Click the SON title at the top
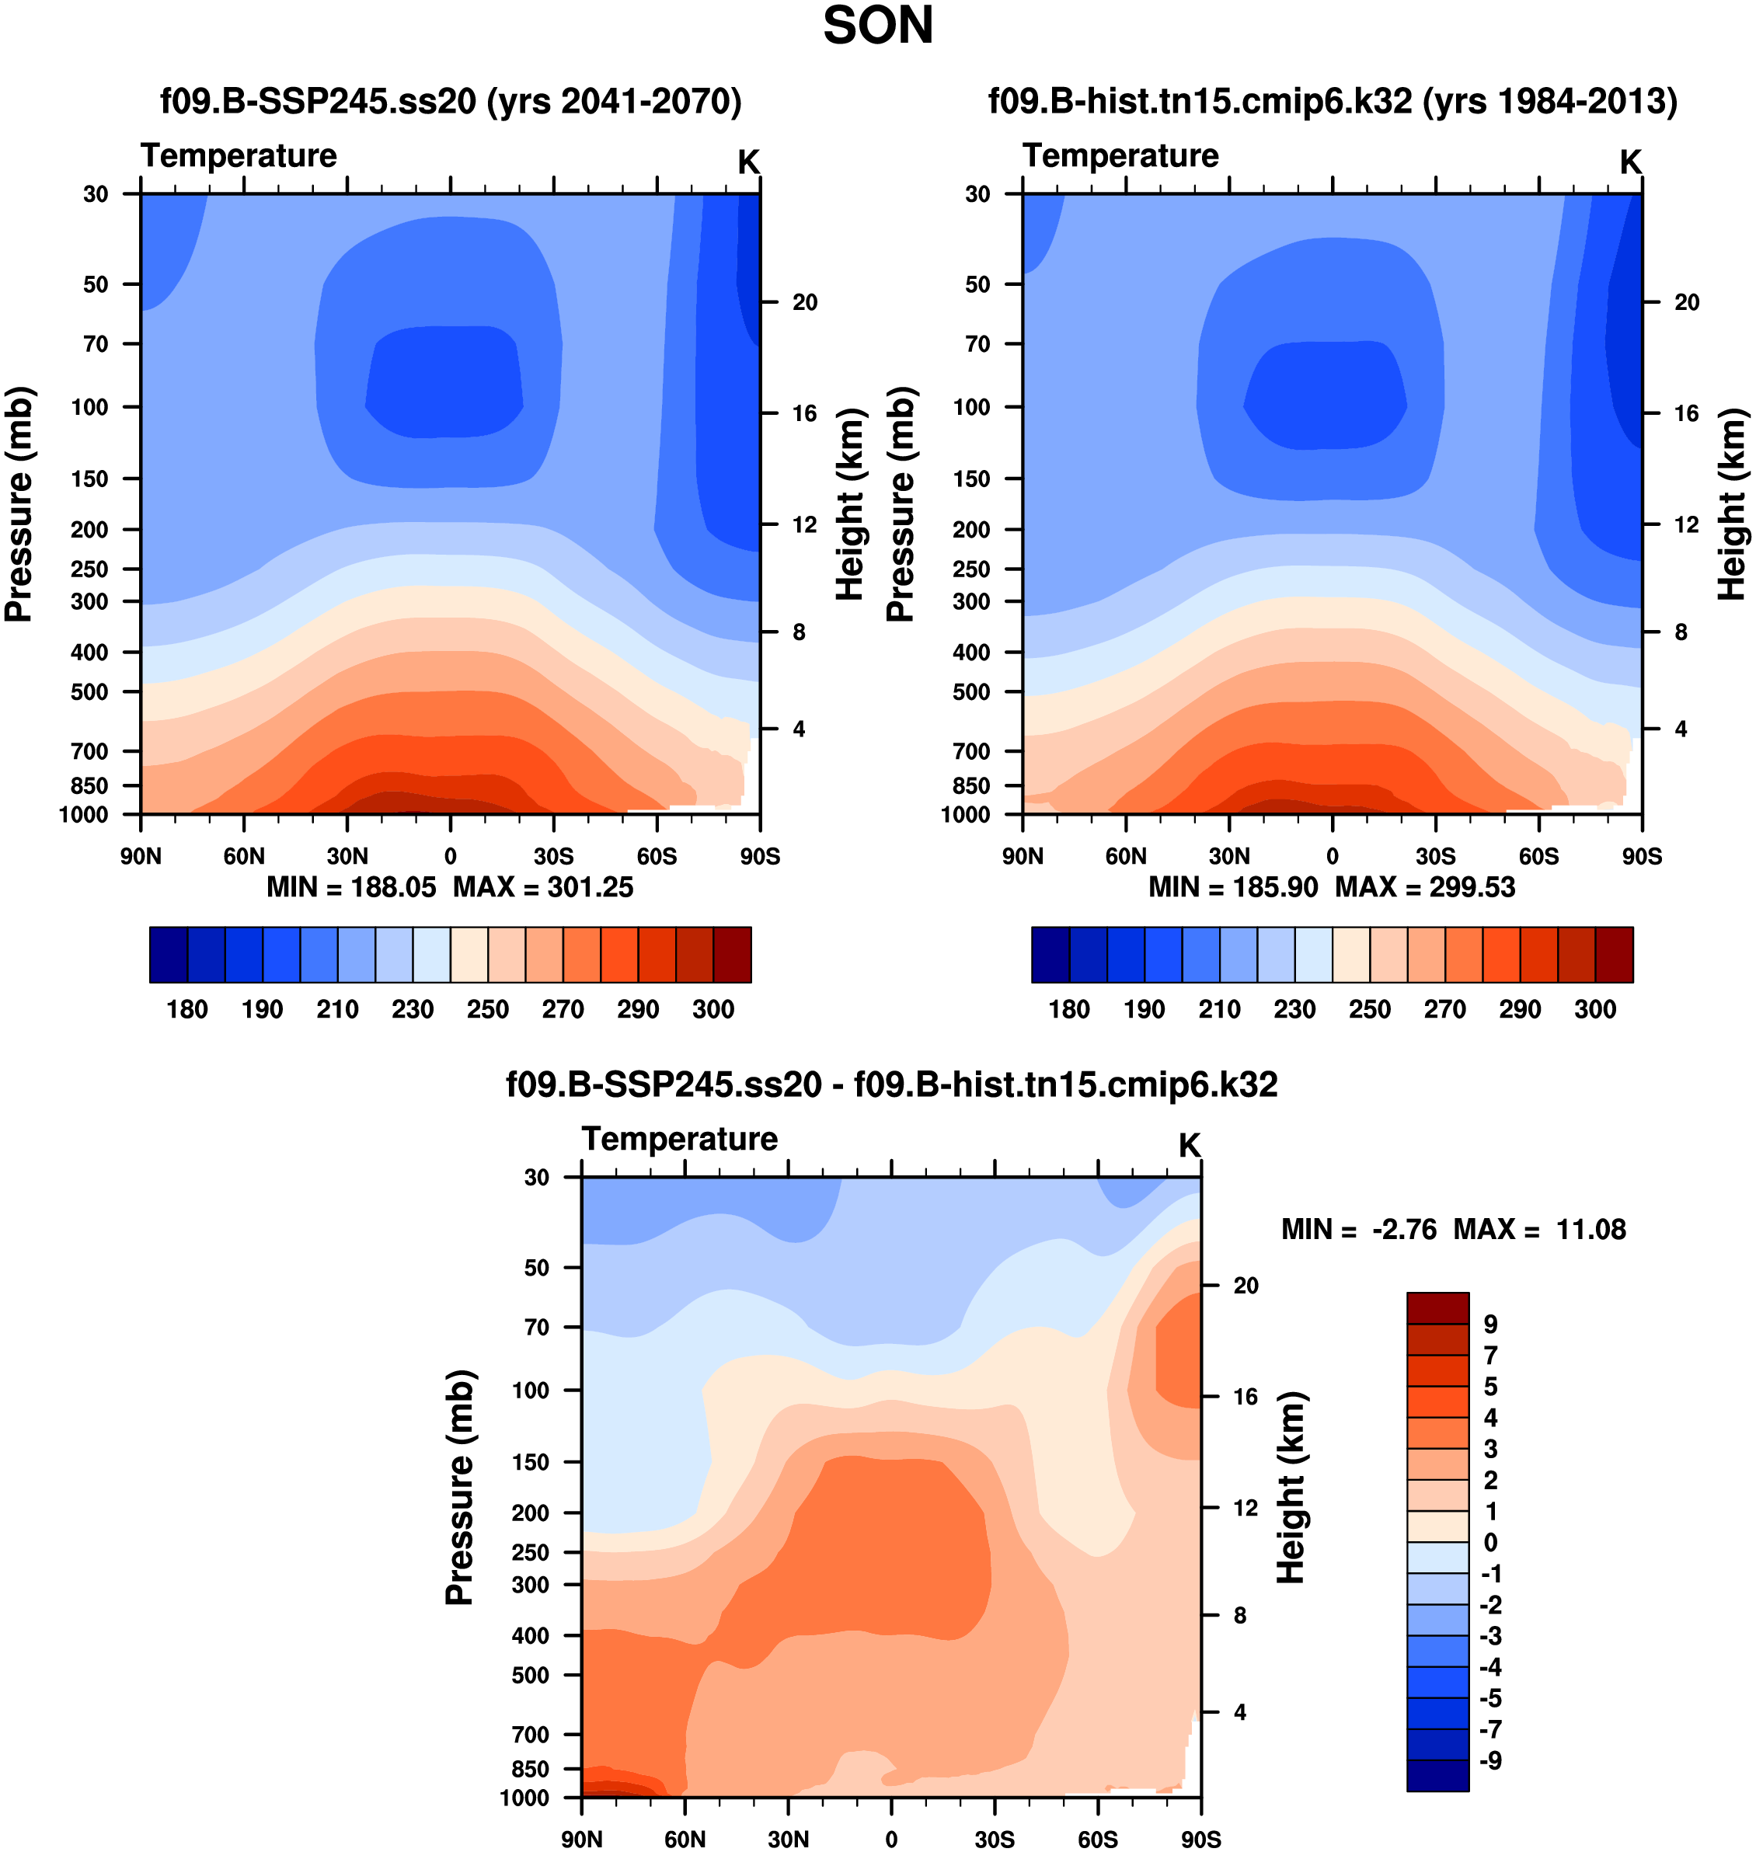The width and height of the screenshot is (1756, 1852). tap(877, 26)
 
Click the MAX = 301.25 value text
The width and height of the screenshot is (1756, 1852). tap(543, 886)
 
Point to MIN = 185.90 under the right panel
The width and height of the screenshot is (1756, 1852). tap(1233, 886)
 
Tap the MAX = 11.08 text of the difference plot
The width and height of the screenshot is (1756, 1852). tap(1539, 1229)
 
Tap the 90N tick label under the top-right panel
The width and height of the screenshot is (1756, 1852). tap(1023, 855)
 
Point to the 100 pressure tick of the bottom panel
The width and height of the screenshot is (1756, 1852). tap(531, 1390)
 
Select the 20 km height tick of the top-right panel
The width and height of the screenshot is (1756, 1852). tap(1686, 302)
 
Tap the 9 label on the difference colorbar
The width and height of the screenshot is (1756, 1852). tap(1490, 1325)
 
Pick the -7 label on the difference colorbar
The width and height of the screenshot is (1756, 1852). tap(1490, 1728)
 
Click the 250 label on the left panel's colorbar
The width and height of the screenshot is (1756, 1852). tap(488, 1009)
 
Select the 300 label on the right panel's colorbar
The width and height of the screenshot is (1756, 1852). tap(1595, 1009)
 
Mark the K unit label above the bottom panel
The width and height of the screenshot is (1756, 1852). tap(1189, 1144)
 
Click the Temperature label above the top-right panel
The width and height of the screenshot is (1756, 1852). tap(1120, 155)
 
